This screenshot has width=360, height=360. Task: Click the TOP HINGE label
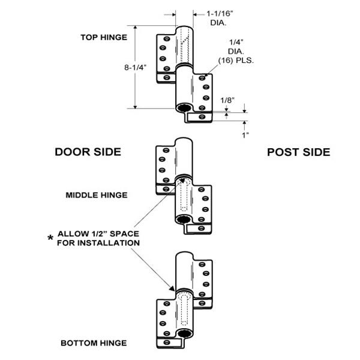pyautogui.click(x=104, y=37)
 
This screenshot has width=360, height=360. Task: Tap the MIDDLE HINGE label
pyautogui.click(x=97, y=194)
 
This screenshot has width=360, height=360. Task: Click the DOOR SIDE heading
pyautogui.click(x=88, y=152)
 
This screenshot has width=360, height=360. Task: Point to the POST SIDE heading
pyautogui.click(x=298, y=152)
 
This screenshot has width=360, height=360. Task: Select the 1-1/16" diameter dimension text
pyautogui.click(x=220, y=13)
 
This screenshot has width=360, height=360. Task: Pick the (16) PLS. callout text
pyautogui.click(x=239, y=62)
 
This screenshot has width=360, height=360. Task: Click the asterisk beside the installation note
pyautogui.click(x=50, y=238)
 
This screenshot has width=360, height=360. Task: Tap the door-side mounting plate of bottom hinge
pyautogui.click(x=163, y=321)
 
